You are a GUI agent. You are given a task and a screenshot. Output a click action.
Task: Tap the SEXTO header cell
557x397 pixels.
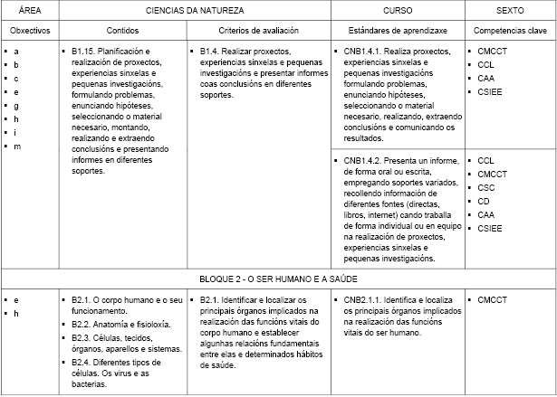point(510,10)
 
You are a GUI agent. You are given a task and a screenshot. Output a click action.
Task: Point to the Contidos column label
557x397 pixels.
point(122,30)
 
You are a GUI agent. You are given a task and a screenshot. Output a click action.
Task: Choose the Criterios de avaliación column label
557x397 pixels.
point(257,30)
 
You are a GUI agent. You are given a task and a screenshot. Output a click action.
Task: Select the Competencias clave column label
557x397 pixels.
point(510,30)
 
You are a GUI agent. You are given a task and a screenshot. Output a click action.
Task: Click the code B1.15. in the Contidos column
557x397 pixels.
point(84,52)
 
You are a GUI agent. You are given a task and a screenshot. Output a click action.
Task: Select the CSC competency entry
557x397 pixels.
point(486,187)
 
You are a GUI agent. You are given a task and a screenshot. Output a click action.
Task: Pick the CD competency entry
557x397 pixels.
point(485,201)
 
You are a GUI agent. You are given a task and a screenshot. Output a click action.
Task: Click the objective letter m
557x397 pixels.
point(16,147)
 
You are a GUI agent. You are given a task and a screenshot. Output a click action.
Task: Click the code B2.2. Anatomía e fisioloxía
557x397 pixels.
point(83,323)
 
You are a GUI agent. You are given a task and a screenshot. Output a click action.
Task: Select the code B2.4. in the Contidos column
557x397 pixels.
point(83,362)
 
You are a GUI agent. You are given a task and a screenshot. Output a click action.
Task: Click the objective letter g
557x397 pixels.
point(16,106)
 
